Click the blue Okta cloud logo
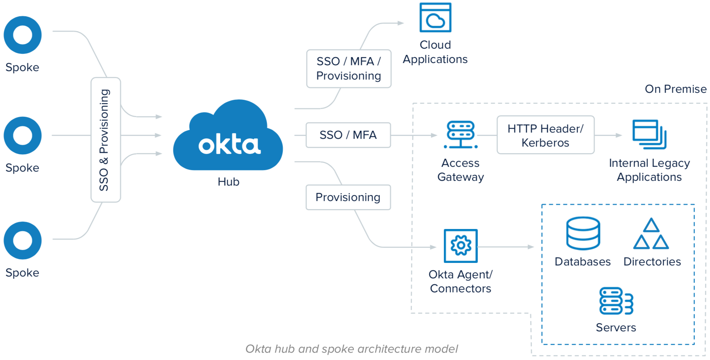pos(228,136)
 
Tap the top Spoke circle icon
pos(22,35)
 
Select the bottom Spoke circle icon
pos(22,240)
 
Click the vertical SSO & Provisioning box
pos(106,140)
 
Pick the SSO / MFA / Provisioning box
pos(349,69)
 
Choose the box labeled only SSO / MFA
pos(348,135)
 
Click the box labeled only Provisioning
pos(348,197)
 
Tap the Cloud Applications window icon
pos(435,18)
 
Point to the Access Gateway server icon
pos(461,135)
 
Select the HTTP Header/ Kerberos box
pos(545,135)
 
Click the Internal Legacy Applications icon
pos(649,134)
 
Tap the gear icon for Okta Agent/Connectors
pos(461,246)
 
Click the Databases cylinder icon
pos(583,233)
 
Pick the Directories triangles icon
pos(651,234)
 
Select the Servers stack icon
pos(616,301)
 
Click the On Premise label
pos(675,89)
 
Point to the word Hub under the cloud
pos(228,182)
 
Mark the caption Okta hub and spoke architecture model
pos(352,349)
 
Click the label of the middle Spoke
pos(22,168)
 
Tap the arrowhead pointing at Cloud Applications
pos(401,23)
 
